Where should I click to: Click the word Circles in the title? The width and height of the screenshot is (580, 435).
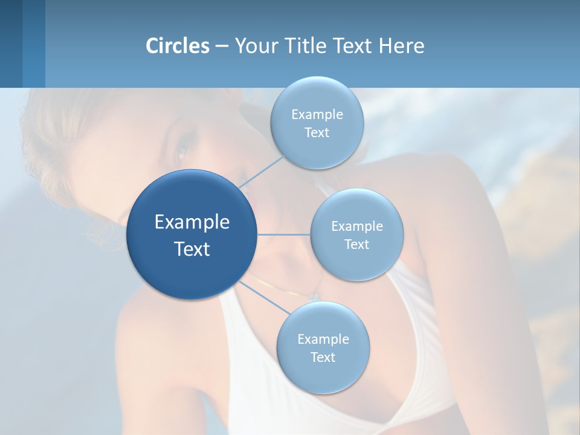178,46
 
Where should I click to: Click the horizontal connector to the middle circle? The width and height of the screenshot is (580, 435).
283,234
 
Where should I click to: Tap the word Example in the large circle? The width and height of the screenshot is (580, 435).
192,222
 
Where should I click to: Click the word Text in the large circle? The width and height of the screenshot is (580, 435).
192,249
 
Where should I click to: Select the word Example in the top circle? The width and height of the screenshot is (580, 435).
317,115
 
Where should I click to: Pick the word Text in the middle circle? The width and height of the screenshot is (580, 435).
356,244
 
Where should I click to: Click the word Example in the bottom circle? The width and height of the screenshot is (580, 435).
323,340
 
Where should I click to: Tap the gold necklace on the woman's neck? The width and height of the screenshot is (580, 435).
284,289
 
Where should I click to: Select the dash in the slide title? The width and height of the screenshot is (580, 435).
222,47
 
